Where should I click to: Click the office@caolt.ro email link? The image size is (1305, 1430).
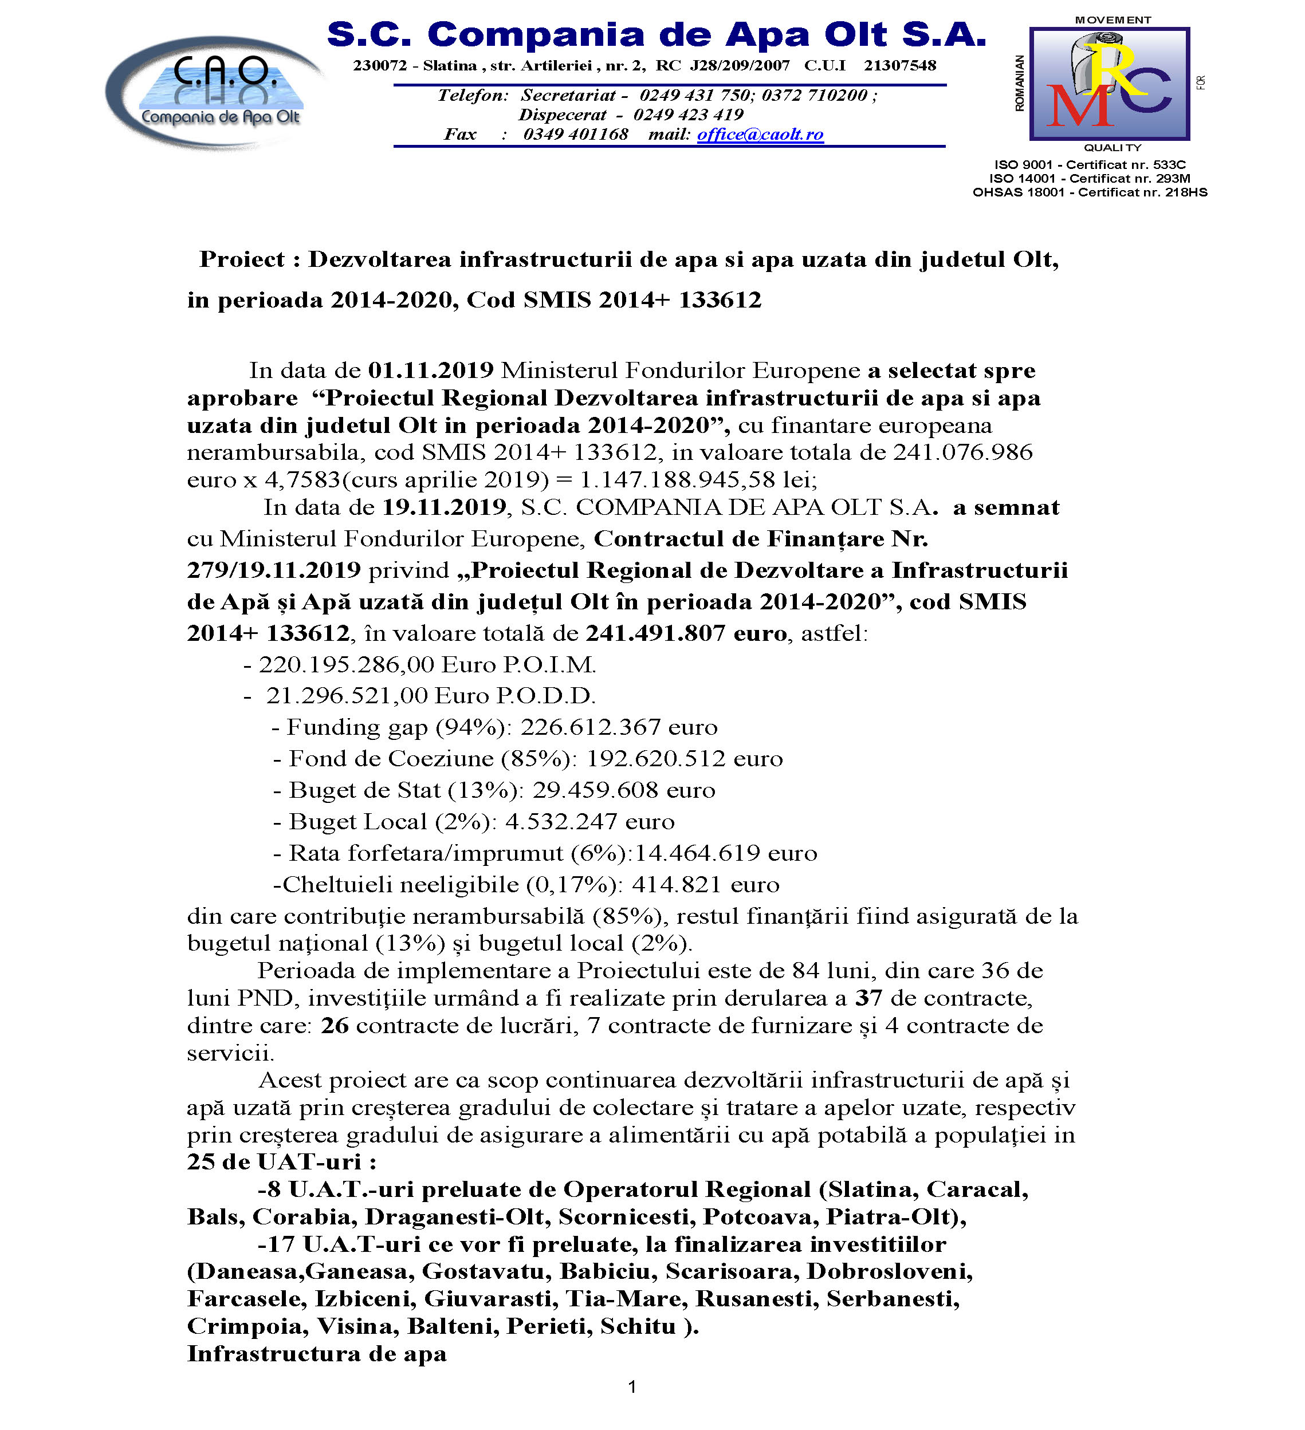pos(760,134)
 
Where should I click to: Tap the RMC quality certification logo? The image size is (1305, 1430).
pos(1109,84)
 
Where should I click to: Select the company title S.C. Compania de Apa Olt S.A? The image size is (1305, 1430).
pos(657,35)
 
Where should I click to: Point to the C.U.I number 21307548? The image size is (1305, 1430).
pos(900,66)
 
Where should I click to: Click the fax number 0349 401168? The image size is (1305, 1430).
pos(576,134)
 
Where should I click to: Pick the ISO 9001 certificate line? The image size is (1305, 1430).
pos(1090,164)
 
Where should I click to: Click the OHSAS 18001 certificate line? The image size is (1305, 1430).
pos(1090,192)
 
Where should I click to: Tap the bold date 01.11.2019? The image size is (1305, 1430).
pos(431,371)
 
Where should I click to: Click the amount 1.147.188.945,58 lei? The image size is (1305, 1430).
pos(698,480)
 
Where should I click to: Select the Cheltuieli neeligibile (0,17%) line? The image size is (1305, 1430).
pos(526,885)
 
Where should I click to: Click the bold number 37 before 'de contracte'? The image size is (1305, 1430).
pos(868,999)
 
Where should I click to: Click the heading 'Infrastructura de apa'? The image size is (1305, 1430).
pos(316,1353)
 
